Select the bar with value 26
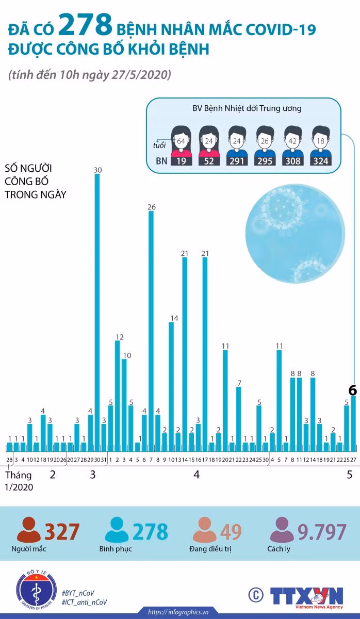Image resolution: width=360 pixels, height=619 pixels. point(151,331)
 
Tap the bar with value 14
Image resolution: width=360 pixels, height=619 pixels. point(171,386)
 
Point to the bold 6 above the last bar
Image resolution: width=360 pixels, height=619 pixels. point(353,390)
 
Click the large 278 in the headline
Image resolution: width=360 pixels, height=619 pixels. point(85,25)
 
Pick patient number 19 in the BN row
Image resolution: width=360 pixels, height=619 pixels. point(181,161)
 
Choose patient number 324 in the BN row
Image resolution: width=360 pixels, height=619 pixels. point(320,161)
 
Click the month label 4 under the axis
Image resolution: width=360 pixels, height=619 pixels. point(197,475)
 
